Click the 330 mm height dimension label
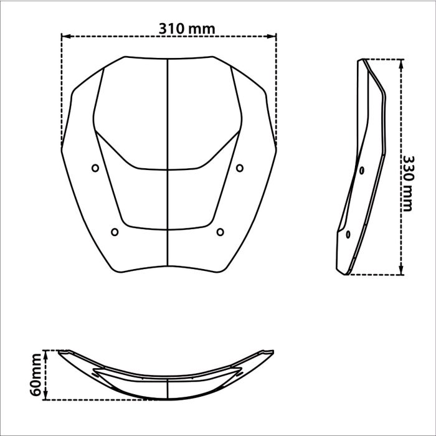(x=407, y=183)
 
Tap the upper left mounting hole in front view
(x=95, y=168)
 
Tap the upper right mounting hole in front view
(x=240, y=167)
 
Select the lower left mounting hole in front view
(x=114, y=232)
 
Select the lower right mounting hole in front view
(x=220, y=232)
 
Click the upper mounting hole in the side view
(x=361, y=169)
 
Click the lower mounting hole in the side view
(x=348, y=234)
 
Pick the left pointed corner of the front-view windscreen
(x=62, y=148)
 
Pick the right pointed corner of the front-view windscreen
(x=276, y=148)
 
